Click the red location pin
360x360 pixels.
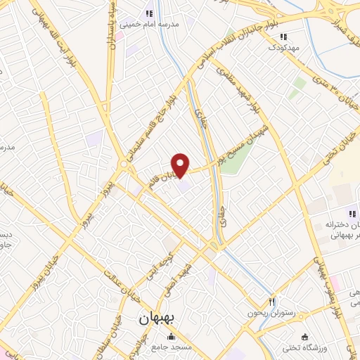pyautogui.click(x=181, y=164)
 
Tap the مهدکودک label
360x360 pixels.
pyautogui.click(x=283, y=46)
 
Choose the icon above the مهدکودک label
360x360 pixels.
pyautogui.click(x=283, y=37)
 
